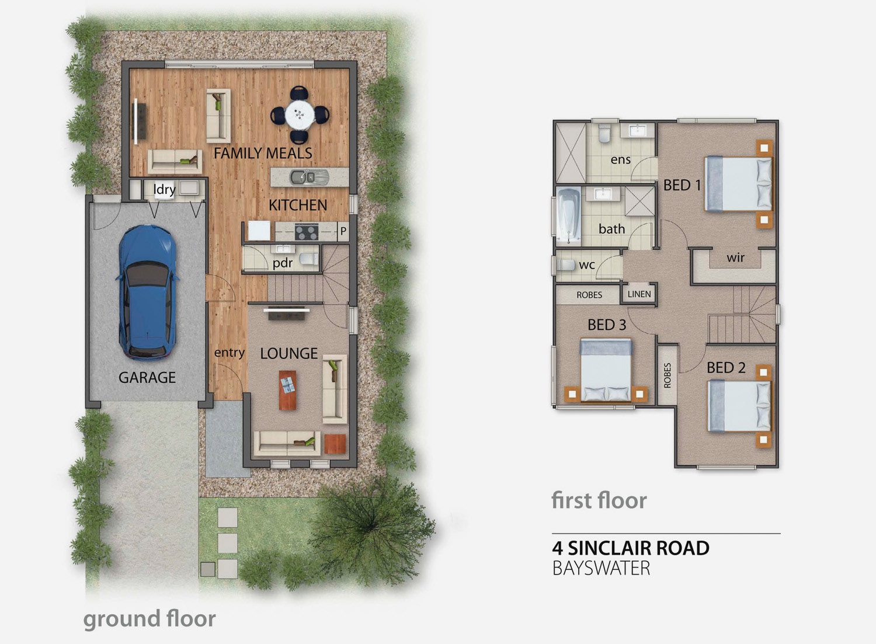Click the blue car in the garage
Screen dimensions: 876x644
pos(147,292)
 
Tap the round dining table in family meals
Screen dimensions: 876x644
pos(300,114)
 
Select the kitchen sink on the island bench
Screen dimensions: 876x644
pos(302,177)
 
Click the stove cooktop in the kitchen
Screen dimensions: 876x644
pos(306,231)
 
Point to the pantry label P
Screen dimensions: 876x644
pos(343,231)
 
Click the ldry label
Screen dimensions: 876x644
pos(164,190)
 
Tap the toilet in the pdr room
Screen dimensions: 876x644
pos(310,259)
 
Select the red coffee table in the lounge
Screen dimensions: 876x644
pos(287,390)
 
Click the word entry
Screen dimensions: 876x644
pos(229,353)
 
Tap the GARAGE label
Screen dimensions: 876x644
pos(147,377)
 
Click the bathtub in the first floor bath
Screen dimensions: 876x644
pos(568,216)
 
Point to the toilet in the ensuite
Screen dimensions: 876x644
pos(604,133)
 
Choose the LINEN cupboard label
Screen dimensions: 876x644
pos(639,294)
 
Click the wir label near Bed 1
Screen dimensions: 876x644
pos(736,257)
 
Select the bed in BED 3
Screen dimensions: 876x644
pos(606,370)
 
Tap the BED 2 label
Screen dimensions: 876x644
pos(726,368)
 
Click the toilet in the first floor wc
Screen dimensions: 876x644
pos(565,264)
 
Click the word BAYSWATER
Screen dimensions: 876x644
pos(602,568)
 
